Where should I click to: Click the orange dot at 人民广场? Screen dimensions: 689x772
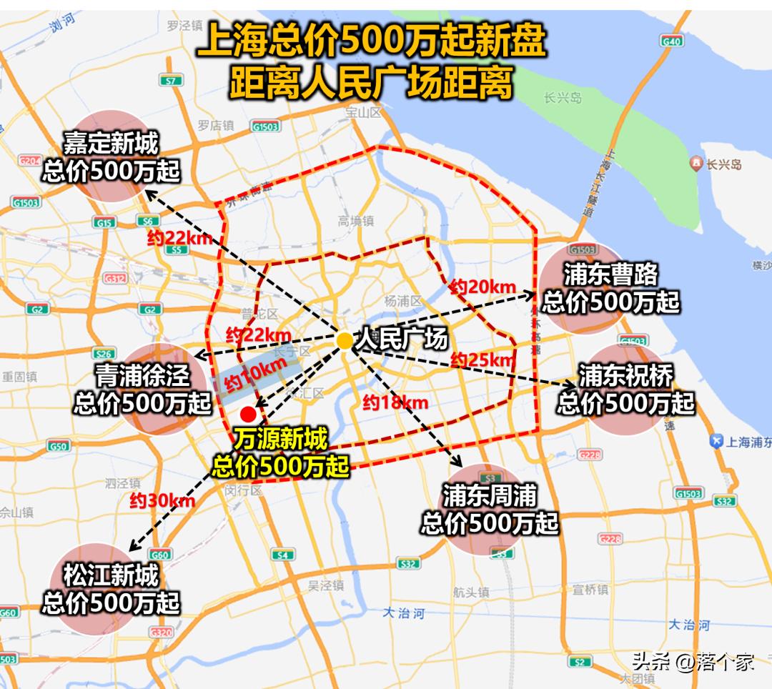point(345,341)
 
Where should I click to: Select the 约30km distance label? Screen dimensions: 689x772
point(162,501)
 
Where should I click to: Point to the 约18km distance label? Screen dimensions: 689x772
point(395,402)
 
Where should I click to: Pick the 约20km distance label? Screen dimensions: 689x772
point(482,287)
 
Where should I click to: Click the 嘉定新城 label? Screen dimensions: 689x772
point(111,144)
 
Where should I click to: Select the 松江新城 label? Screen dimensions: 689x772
point(111,575)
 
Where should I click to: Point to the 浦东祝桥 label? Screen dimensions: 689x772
point(626,375)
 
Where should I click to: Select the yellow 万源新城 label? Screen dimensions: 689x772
point(281,437)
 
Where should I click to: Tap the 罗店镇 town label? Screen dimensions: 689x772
point(216,125)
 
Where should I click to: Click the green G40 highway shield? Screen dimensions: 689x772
point(672,41)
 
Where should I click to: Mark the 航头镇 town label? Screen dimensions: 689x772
point(471,592)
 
